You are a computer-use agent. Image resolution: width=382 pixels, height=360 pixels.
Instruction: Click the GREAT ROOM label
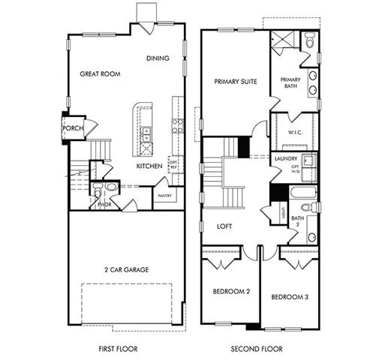(101, 73)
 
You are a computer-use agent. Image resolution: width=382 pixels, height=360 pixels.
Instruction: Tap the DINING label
(158, 58)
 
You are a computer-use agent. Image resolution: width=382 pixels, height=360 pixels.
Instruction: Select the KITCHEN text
(149, 166)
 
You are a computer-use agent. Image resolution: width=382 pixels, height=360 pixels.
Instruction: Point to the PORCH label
(73, 127)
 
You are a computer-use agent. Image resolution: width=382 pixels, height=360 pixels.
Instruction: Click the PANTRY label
(164, 196)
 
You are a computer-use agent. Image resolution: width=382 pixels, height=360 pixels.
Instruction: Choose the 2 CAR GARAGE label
(125, 268)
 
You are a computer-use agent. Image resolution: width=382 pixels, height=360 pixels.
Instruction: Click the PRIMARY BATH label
(290, 83)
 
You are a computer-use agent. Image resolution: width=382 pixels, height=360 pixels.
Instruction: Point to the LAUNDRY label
(287, 158)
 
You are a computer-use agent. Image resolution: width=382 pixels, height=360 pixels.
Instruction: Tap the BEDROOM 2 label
(231, 291)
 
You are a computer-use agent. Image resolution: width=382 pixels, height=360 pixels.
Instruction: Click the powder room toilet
(110, 187)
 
